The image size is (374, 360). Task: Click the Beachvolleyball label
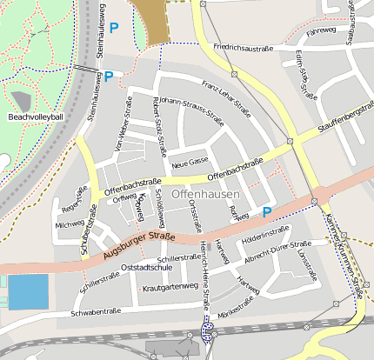(x=36, y=117)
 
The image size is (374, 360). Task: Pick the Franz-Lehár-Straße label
(x=225, y=97)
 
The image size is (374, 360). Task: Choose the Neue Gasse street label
(x=190, y=163)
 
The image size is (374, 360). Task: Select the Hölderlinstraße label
(x=264, y=233)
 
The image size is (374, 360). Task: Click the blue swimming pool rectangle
(x=28, y=291)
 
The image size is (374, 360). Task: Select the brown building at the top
(x=154, y=19)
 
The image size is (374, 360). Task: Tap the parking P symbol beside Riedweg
(x=267, y=211)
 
